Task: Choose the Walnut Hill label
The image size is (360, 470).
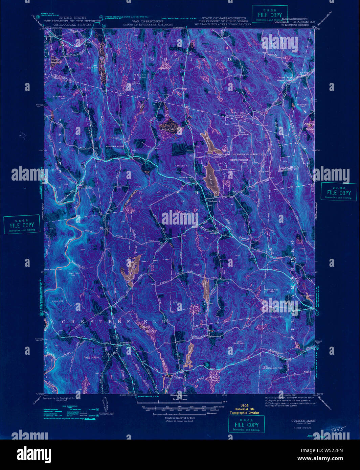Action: click(271, 290)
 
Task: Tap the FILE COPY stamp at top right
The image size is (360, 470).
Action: click(270, 15)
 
